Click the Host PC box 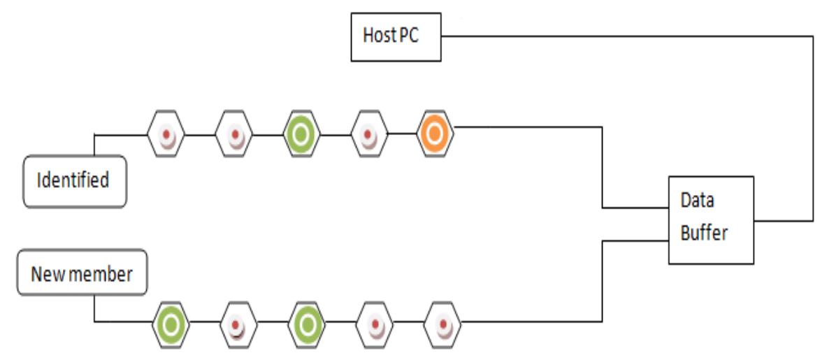click(396, 36)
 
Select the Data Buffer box click(711, 219)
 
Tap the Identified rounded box click(75, 181)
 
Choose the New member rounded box click(82, 273)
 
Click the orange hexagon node click(435, 134)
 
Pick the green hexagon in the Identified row click(301, 134)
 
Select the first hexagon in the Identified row click(166, 134)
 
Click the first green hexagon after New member click(171, 324)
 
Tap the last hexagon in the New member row click(443, 324)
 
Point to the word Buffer click(704, 233)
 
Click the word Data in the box click(697, 201)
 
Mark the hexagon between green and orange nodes click(368, 134)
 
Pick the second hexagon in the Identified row click(233, 134)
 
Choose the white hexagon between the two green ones click(238, 324)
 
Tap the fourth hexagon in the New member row click(375, 324)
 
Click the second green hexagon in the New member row click(306, 324)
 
